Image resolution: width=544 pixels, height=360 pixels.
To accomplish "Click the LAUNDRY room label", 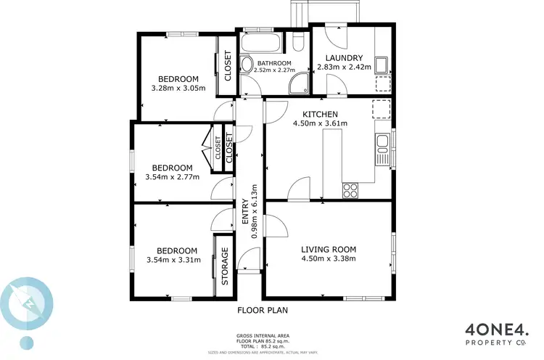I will pyautogui.click(x=344, y=58).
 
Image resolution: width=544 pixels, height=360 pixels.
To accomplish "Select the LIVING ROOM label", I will pyautogui.click(x=329, y=249).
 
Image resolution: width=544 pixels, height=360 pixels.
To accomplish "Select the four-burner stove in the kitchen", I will pyautogui.click(x=350, y=190).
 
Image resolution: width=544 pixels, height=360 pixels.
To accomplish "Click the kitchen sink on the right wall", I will pyautogui.click(x=382, y=149).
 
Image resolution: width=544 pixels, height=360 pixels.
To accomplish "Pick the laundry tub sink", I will pyautogui.click(x=380, y=64).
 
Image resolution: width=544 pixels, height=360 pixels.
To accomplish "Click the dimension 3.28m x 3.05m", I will pyautogui.click(x=178, y=88).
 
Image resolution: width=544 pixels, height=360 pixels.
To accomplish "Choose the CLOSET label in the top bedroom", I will pyautogui.click(x=227, y=64).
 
